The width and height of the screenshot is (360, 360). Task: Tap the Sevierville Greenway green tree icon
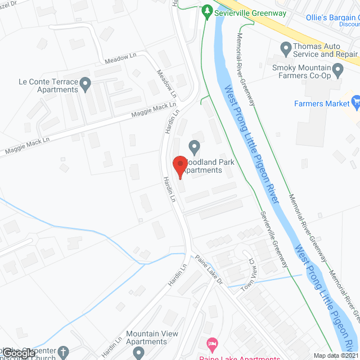pyautogui.click(x=208, y=11)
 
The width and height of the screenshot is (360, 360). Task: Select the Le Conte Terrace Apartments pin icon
pyautogui.click(x=85, y=85)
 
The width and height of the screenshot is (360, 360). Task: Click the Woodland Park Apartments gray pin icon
pyautogui.click(x=194, y=148)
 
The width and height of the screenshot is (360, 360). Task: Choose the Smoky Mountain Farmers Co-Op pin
pyautogui.click(x=338, y=70)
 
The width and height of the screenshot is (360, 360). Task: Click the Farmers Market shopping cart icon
pyautogui.click(x=355, y=102)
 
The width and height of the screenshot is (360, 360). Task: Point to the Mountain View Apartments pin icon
pyautogui.click(x=138, y=353)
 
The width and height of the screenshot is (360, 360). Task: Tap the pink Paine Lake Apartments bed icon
pyautogui.click(x=211, y=343)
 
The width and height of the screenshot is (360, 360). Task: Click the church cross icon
pyautogui.click(x=64, y=353)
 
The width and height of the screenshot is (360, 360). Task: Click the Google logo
pyautogui.click(x=19, y=353)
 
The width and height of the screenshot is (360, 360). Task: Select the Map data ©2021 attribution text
pyautogui.click(x=335, y=355)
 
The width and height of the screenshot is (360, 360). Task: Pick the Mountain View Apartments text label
pyautogui.click(x=152, y=337)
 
